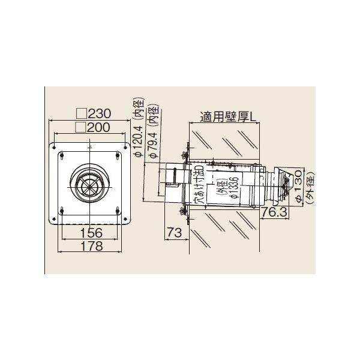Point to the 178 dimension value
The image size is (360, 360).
[89, 245]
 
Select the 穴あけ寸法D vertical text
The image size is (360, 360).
[200, 187]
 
